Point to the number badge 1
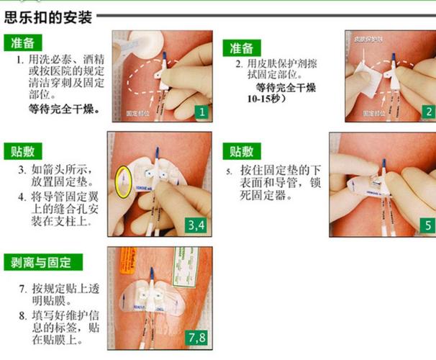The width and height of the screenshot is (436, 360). click(202, 112)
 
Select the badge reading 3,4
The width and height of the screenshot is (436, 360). click(196, 225)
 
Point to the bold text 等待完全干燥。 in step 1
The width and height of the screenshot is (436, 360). click(64, 110)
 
